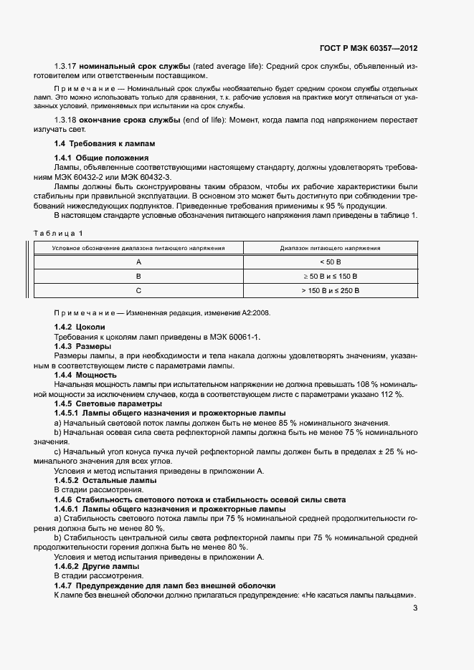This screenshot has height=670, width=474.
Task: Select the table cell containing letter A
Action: point(139,262)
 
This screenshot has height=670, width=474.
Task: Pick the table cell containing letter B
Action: point(139,276)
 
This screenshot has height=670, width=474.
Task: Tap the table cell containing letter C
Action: point(139,290)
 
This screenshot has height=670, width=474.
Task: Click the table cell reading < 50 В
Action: point(330,262)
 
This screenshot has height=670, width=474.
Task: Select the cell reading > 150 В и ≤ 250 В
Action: point(330,290)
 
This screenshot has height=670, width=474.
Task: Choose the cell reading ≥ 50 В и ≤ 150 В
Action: point(330,276)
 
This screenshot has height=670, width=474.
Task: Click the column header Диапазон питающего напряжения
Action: point(330,248)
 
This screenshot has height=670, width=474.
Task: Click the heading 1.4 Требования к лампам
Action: point(105,143)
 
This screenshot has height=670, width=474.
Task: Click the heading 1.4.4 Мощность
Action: point(85,375)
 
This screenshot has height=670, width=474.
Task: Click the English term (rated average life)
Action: point(228,67)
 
